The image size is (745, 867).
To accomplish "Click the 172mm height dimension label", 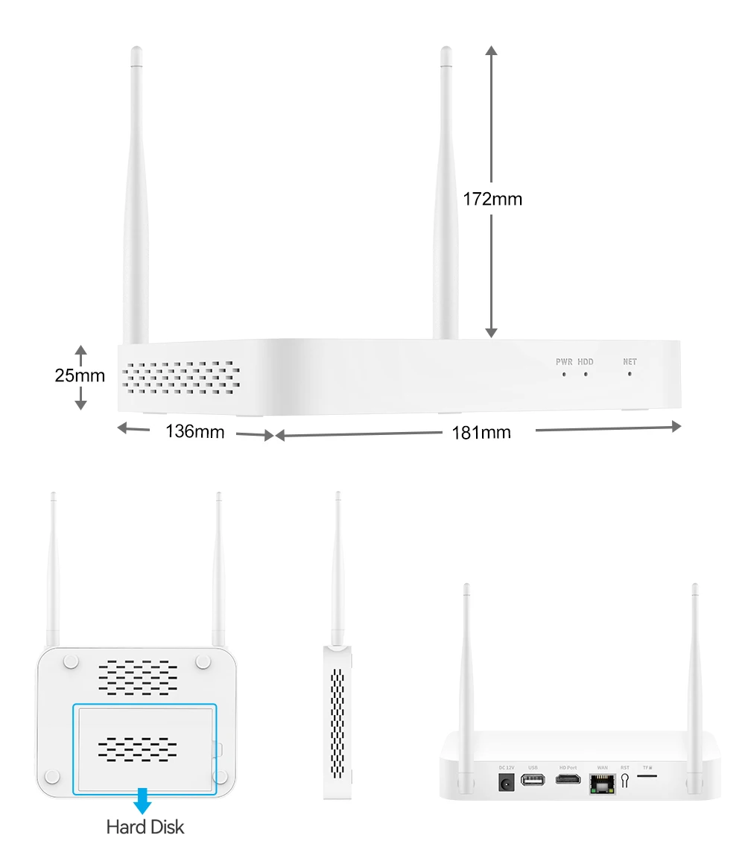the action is (492, 199).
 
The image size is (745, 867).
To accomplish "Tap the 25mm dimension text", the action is (80, 375).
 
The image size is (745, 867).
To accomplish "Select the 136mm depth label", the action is (194, 431).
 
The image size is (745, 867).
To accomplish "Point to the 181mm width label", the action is (481, 432).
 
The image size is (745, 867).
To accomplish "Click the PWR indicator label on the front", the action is (564, 362).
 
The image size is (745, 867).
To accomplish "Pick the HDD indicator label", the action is (586, 362).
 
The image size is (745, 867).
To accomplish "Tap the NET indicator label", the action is (630, 362).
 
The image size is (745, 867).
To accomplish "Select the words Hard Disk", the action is (145, 826).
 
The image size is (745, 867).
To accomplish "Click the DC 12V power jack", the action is (507, 782).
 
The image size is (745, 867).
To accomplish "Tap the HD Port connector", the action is (568, 781).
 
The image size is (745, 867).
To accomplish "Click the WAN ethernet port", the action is (601, 784).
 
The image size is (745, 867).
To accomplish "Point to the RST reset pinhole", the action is (624, 781).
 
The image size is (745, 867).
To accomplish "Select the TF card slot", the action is (647, 775).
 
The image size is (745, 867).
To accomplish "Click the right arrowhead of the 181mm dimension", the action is (676, 426).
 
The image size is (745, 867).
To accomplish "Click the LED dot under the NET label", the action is (630, 372).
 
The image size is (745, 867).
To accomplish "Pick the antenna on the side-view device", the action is (337, 566).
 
